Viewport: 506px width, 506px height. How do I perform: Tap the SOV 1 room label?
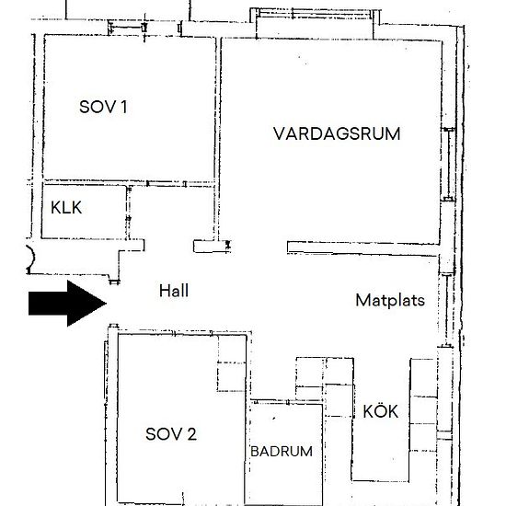(103, 108)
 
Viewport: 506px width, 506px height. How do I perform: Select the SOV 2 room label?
(171, 434)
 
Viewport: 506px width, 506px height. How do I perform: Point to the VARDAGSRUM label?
(337, 133)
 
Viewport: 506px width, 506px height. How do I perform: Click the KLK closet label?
(66, 208)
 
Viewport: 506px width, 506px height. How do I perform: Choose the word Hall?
(173, 290)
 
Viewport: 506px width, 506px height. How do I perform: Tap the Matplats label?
(390, 300)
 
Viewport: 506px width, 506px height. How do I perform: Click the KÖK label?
(380, 411)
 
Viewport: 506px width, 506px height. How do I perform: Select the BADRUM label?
(282, 452)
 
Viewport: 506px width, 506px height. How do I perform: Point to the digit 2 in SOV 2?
(191, 434)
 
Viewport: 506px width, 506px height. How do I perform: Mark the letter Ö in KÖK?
(380, 411)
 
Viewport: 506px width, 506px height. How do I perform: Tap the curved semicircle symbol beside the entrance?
(28, 257)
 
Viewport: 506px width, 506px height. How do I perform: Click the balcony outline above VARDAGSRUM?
(312, 18)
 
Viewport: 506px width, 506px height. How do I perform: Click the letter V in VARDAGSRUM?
(278, 133)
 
